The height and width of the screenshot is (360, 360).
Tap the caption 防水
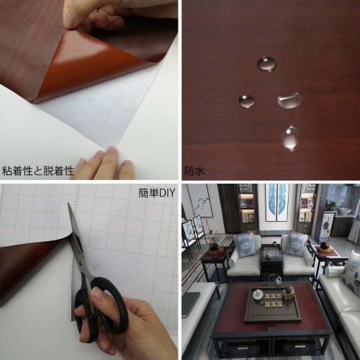point(194,171)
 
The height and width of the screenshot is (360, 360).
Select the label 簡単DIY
point(157,193)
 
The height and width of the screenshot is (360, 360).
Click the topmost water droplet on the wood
point(266,64)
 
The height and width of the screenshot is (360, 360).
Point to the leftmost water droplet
point(246,101)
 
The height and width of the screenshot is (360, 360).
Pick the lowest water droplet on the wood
point(289,138)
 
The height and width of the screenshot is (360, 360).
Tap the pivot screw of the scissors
point(89,268)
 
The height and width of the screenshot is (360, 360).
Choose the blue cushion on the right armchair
point(294,245)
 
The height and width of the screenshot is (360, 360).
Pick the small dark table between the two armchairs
point(271,261)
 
